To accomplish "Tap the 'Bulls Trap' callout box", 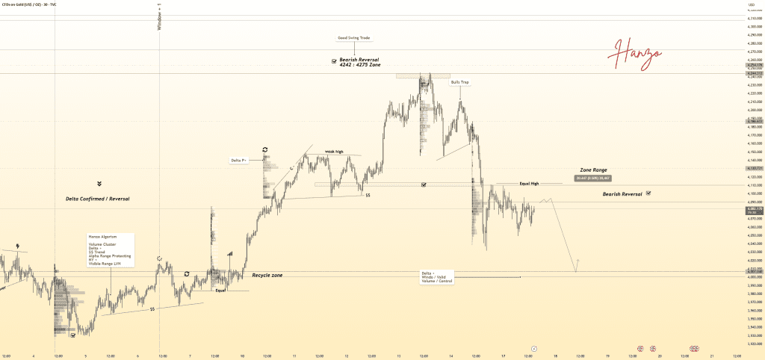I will point(459,82).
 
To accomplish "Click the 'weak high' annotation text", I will point(334,152).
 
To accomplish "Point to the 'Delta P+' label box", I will point(239,160).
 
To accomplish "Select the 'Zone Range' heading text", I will point(593,170).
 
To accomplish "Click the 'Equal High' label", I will point(529,183).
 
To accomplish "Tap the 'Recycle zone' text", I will point(267,276).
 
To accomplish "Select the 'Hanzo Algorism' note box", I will point(110,250).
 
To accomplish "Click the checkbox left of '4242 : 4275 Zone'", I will point(333,62).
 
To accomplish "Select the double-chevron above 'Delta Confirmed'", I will point(99,183).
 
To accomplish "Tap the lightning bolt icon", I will point(17,245).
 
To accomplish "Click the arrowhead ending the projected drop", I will point(576,270).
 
